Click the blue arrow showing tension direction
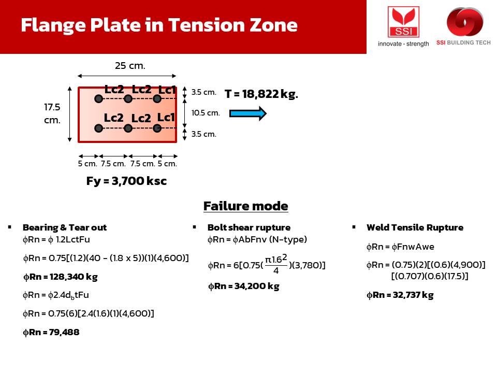coord(248,113)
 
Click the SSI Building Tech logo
coord(464,26)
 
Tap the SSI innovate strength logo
coord(403,26)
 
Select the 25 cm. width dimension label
coord(130,66)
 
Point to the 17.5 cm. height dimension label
coord(52,113)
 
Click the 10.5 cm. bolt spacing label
coord(206,113)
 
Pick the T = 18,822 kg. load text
coord(261,94)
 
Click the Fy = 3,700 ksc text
coord(126,181)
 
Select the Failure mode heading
coord(245,206)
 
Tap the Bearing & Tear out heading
coord(65,227)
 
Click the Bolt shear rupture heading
coord(249,227)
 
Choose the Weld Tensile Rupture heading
coord(415,227)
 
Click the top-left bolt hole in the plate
coord(98,99)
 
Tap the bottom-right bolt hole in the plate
coord(157,128)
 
